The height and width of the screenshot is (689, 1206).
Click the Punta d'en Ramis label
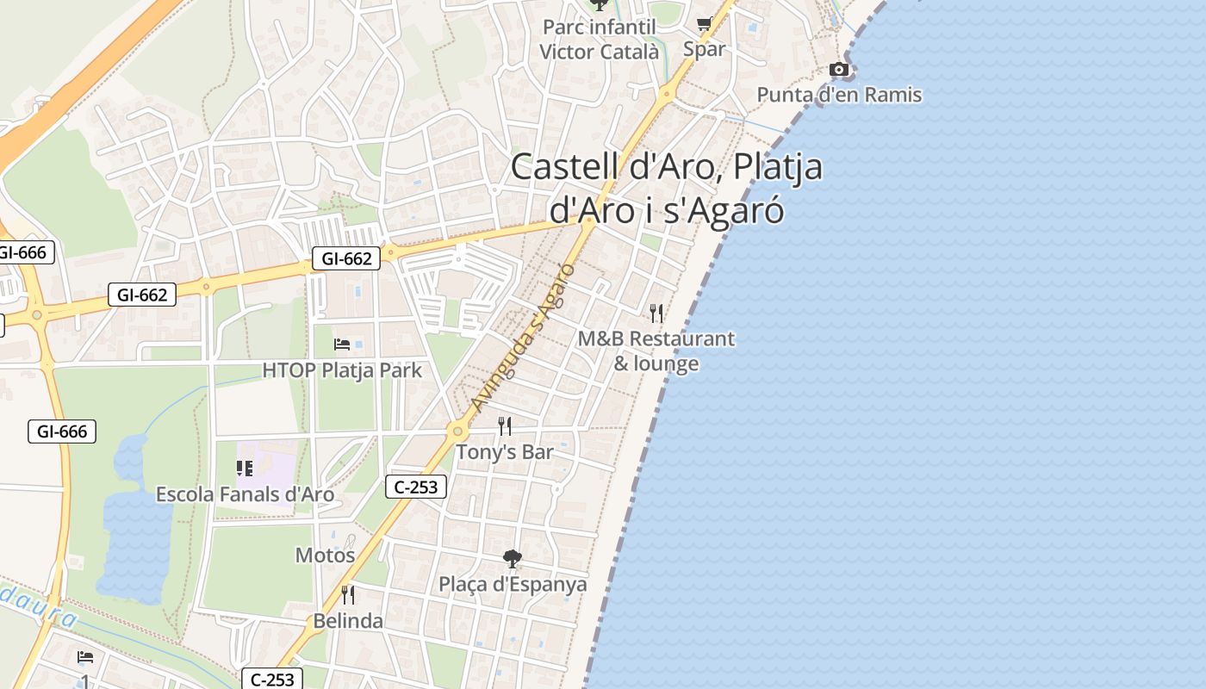pyautogui.click(x=839, y=95)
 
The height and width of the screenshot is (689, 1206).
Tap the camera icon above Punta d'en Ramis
pyautogui.click(x=839, y=70)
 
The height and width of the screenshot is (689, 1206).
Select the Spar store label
pyautogui.click(x=704, y=49)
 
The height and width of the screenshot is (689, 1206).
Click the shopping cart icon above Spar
pyautogui.click(x=704, y=24)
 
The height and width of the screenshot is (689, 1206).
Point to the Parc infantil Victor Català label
pyautogui.click(x=599, y=40)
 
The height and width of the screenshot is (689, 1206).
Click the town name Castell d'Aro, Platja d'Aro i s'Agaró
pyautogui.click(x=667, y=189)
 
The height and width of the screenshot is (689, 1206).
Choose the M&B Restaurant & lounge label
pyautogui.click(x=656, y=351)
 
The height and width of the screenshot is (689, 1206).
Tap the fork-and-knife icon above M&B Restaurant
pyautogui.click(x=656, y=313)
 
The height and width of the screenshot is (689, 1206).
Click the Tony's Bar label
pyautogui.click(x=504, y=452)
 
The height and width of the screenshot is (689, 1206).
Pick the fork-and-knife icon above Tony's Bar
pyautogui.click(x=505, y=425)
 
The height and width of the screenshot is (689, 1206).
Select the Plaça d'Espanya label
pyautogui.click(x=513, y=584)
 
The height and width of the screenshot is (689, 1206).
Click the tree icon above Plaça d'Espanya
pyautogui.click(x=513, y=559)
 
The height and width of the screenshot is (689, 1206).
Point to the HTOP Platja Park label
pyautogui.click(x=342, y=370)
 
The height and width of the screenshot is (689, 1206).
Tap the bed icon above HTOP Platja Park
pyautogui.click(x=342, y=344)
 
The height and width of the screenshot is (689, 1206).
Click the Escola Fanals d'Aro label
pyautogui.click(x=245, y=494)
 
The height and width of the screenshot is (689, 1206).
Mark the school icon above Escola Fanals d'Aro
pyautogui.click(x=245, y=469)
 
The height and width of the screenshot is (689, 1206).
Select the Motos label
pyautogui.click(x=325, y=556)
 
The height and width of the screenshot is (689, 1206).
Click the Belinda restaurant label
pyautogui.click(x=348, y=621)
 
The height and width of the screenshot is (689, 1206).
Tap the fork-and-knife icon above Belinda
pyautogui.click(x=348, y=594)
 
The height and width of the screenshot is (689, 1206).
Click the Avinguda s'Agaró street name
pyautogui.click(x=523, y=337)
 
